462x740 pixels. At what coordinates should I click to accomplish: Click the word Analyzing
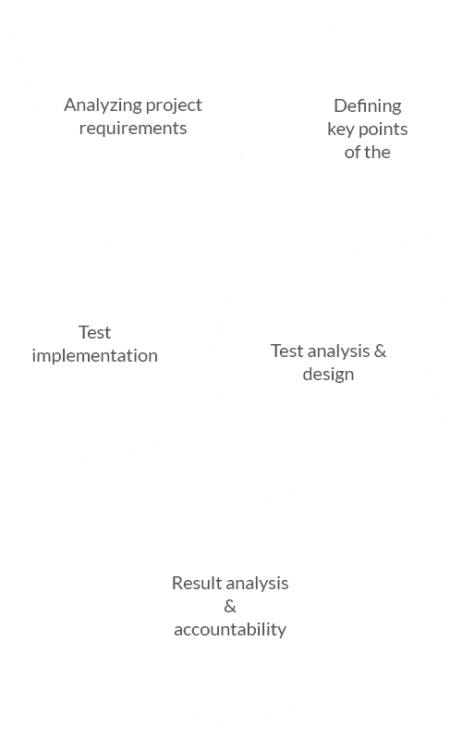coord(103,105)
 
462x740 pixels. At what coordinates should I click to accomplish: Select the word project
coord(174,105)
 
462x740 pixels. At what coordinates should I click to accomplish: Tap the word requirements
coord(133,129)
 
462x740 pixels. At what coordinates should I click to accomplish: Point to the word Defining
coord(368,106)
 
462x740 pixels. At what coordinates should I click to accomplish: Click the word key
coord(341,129)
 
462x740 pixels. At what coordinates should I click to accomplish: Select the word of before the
coord(353,152)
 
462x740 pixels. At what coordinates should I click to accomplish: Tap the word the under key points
coord(377,152)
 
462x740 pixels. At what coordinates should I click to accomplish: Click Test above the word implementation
coord(95,332)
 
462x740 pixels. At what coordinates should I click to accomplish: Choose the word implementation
coord(95,356)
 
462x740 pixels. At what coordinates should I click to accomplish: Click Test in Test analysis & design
coord(286,351)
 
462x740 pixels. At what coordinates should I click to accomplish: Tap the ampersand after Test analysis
coord(381,351)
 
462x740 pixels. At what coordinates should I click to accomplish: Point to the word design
coord(329,375)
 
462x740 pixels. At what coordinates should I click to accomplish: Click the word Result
coord(196,583)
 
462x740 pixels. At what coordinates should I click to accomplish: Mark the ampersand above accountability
coord(230,606)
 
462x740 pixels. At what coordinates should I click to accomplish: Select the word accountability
coord(230,630)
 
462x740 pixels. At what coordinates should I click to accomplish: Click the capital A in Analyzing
coord(70,105)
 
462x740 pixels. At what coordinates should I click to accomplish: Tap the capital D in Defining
coord(340,105)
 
